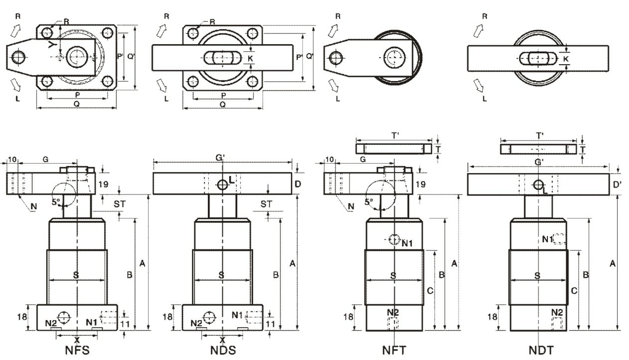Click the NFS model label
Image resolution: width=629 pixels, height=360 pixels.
point(78,350)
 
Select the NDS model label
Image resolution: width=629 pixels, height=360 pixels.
point(222,350)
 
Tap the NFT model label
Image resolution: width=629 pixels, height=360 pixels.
point(394,350)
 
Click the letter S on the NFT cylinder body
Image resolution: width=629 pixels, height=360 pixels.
point(393,275)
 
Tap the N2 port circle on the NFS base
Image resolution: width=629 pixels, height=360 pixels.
point(64,316)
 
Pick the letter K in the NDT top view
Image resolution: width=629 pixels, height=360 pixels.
point(565,59)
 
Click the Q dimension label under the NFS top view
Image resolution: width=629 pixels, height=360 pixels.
point(76,104)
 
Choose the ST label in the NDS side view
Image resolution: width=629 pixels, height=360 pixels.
point(267,204)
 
